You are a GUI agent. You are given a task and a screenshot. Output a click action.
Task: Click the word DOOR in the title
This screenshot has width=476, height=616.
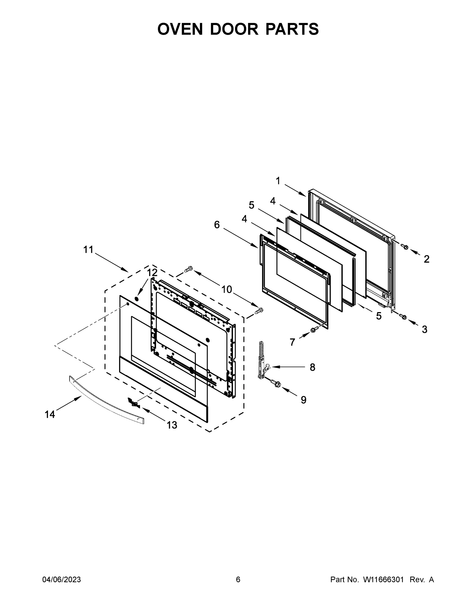click(234, 29)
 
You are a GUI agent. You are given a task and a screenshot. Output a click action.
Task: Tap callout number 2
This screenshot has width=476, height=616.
click(427, 259)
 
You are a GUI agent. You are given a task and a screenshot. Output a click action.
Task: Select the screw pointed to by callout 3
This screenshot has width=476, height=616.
click(403, 317)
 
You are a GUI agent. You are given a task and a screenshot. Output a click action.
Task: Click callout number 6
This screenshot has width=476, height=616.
click(217, 225)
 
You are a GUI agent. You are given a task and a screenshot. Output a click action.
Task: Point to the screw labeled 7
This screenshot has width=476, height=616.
click(314, 329)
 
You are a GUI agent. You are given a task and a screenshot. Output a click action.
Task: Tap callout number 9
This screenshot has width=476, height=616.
click(303, 400)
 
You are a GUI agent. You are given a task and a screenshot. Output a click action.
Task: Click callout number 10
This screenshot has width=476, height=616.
click(226, 289)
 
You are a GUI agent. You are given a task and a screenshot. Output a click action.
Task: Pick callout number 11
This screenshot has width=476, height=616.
click(88, 250)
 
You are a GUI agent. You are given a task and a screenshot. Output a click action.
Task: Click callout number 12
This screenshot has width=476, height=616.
click(152, 273)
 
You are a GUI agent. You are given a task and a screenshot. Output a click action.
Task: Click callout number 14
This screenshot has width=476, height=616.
click(50, 414)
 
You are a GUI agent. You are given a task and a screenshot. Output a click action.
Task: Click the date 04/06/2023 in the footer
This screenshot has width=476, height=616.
click(62, 580)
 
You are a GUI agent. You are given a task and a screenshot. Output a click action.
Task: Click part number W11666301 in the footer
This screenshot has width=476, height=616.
click(383, 580)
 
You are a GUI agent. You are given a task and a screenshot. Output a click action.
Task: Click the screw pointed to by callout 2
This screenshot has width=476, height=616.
click(405, 247)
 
